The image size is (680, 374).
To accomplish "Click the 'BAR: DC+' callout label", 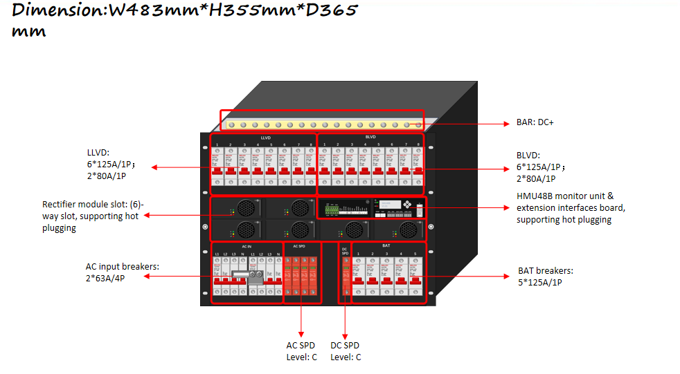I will click(535, 122).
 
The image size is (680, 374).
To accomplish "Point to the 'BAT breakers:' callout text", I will click(546, 270).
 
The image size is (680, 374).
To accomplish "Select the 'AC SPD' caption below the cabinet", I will click(301, 346).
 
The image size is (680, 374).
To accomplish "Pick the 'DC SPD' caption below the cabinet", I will click(345, 346).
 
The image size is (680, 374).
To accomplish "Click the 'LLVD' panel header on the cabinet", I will click(265, 138).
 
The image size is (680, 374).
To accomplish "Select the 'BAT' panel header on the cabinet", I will click(386, 245).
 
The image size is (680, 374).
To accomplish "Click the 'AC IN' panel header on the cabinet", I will click(246, 246).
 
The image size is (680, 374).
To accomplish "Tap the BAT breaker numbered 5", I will click(415, 277).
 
